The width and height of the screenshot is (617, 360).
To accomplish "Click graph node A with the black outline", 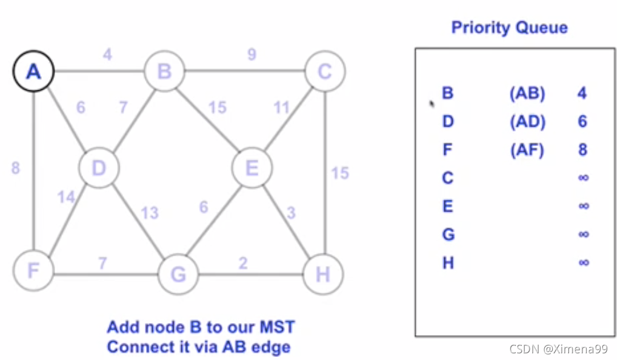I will click(x=33, y=72).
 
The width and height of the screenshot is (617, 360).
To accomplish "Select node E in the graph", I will click(x=253, y=167).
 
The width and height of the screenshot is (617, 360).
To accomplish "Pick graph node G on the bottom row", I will click(x=179, y=275).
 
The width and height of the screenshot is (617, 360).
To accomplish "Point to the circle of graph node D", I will click(x=99, y=167).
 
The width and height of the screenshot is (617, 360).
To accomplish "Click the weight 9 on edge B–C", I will click(x=251, y=55).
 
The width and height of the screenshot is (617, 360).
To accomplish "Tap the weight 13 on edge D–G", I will click(x=150, y=213).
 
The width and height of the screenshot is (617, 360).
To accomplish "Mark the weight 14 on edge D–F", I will click(x=66, y=197).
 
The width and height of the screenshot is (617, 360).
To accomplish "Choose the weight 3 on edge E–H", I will click(x=292, y=213).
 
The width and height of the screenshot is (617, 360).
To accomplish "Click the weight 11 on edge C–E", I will click(x=282, y=108).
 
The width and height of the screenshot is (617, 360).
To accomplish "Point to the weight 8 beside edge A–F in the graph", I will click(x=15, y=168).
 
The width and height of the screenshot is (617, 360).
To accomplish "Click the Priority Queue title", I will click(x=509, y=27).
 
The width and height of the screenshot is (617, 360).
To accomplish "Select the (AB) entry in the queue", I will click(x=527, y=93).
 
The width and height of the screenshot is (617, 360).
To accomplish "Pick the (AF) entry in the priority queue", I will click(x=527, y=150).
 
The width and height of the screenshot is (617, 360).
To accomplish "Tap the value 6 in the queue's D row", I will click(x=582, y=122).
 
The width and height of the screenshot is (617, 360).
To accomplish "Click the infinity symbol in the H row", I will click(x=584, y=262).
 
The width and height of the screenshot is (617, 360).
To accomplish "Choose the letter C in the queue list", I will click(x=448, y=178).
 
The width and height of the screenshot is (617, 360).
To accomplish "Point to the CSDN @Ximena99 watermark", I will click(x=558, y=349).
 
